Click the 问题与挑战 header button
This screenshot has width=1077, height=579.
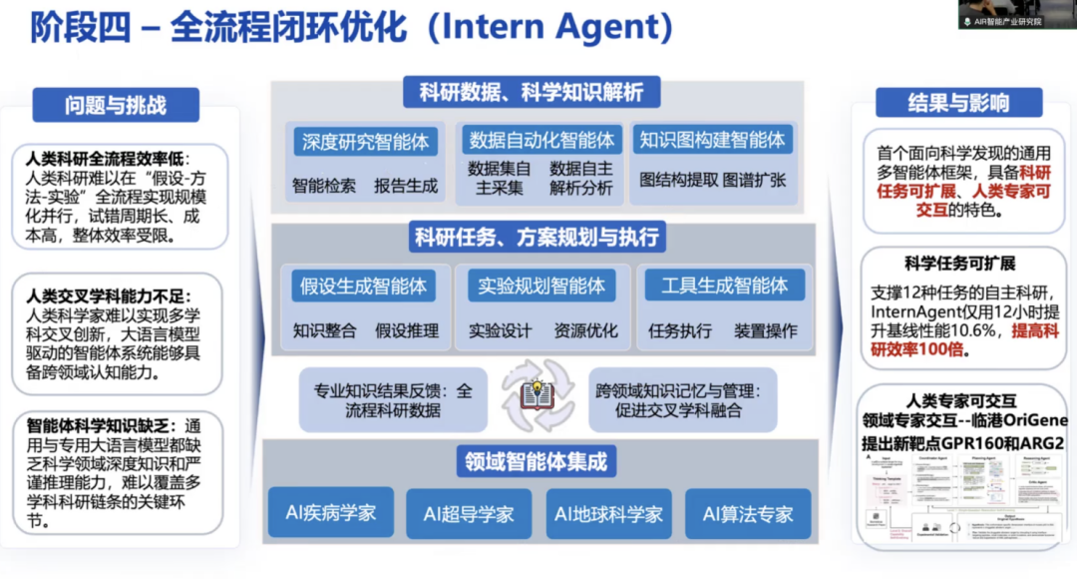[116, 105]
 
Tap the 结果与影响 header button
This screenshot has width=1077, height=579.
[958, 103]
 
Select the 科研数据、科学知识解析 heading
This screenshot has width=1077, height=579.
[532, 93]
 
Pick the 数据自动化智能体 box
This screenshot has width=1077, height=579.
[542, 140]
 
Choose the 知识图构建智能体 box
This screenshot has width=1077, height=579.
[712, 140]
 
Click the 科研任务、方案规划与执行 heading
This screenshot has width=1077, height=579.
[537, 238]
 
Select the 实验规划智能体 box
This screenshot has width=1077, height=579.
[541, 286]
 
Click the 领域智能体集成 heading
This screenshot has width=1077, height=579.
[536, 461]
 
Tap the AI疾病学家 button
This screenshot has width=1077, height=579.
[331, 513]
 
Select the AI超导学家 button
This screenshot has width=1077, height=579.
[469, 514]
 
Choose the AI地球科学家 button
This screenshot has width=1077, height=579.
[608, 514]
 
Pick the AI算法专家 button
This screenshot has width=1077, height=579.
[748, 514]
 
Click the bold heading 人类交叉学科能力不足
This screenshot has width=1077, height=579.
[109, 295]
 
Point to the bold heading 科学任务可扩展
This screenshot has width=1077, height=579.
[959, 264]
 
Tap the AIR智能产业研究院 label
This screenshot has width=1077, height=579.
[1013, 21]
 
